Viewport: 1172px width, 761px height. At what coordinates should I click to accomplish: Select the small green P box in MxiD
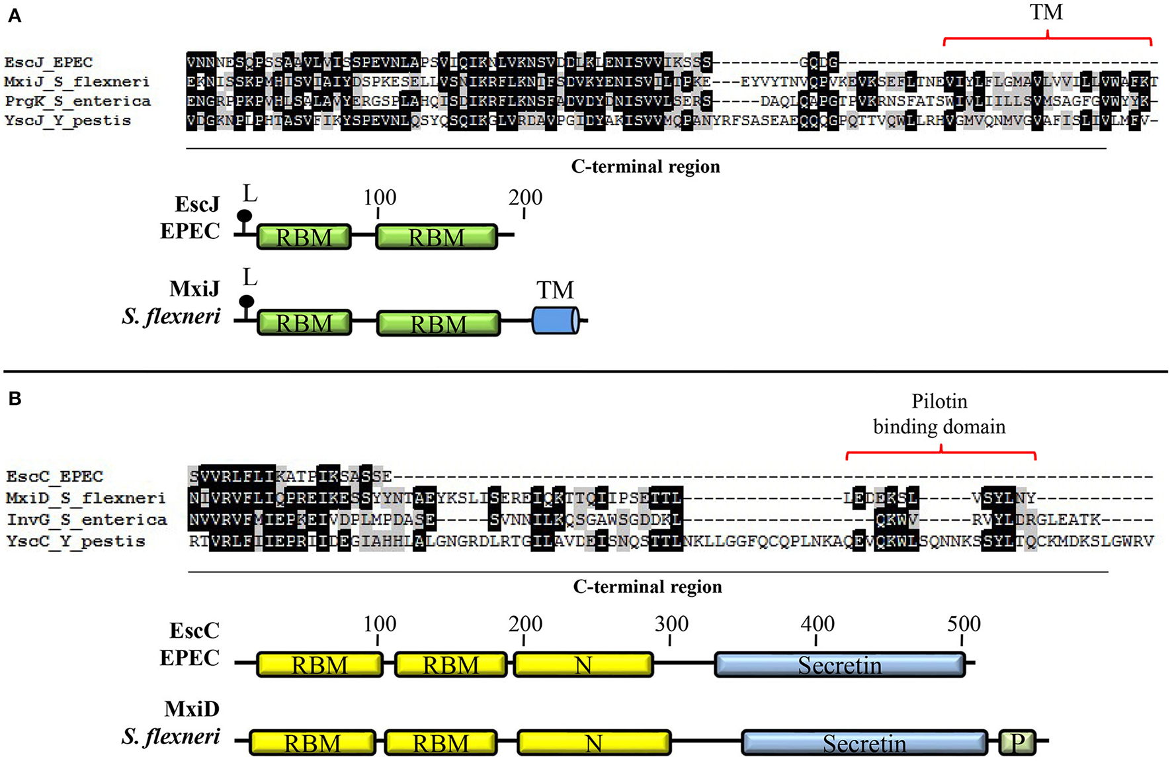[x=1017, y=742]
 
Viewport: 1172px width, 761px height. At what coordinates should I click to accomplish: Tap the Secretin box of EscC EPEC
[x=839, y=664]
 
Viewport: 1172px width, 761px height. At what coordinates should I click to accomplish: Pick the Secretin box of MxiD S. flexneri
[x=864, y=742]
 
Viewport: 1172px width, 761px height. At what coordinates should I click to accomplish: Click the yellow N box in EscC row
[x=583, y=664]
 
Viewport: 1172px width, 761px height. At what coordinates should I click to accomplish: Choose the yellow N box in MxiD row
[x=593, y=742]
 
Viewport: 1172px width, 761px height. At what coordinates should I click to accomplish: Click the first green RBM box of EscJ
[x=304, y=237]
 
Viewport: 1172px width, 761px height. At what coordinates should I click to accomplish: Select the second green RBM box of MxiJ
[x=438, y=324]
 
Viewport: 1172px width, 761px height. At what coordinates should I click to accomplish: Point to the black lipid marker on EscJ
[x=245, y=216]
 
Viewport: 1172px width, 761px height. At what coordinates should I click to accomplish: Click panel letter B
[x=15, y=398]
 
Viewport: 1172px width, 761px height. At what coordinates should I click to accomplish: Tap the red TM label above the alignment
[x=1046, y=13]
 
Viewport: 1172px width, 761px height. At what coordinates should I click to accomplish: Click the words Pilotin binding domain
[x=939, y=414]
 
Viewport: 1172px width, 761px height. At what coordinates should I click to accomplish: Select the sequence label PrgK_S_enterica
[x=77, y=101]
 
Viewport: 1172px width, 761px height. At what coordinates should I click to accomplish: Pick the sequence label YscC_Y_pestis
[x=76, y=541]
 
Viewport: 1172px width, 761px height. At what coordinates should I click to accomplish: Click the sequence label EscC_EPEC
[x=55, y=476]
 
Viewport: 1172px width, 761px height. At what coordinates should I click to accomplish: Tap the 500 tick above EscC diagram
[x=963, y=624]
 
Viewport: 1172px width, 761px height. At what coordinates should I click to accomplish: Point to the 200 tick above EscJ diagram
[x=525, y=198]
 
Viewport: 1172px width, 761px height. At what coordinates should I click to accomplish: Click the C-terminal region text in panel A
[x=646, y=166]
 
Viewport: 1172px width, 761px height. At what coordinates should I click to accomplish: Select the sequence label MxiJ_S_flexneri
[x=77, y=81]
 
